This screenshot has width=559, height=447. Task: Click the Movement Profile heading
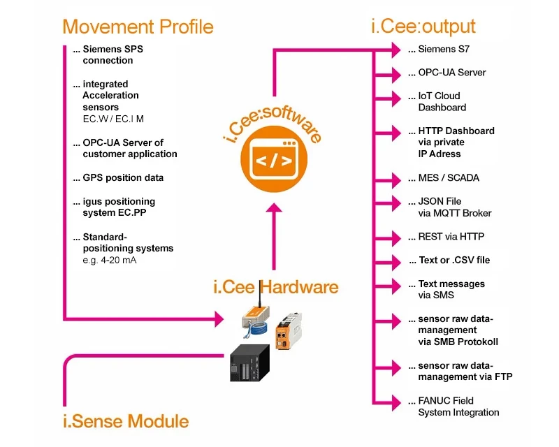(x=138, y=27)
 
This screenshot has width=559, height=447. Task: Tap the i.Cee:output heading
(x=423, y=27)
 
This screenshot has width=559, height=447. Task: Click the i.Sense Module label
(x=126, y=421)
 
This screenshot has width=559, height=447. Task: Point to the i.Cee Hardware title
(x=275, y=287)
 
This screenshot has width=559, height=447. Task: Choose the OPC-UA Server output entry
(x=451, y=73)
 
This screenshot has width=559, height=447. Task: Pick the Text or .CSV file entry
(x=453, y=261)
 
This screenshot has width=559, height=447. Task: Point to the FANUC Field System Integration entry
(x=458, y=406)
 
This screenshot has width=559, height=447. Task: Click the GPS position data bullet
(x=123, y=177)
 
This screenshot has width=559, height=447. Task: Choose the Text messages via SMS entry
(x=451, y=289)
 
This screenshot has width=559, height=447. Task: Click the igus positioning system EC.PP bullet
(x=119, y=207)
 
